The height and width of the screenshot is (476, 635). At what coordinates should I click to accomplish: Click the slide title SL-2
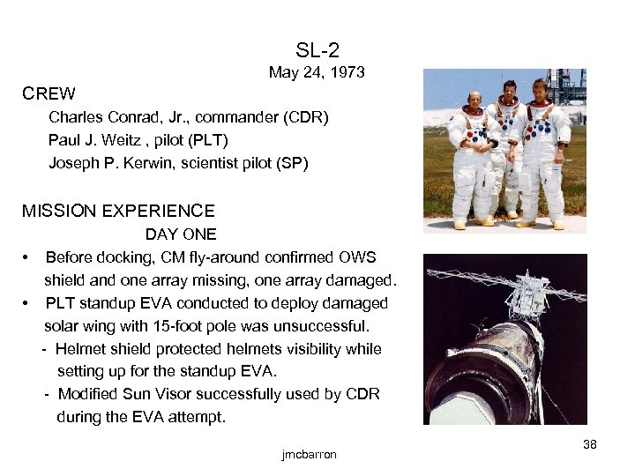tap(317, 50)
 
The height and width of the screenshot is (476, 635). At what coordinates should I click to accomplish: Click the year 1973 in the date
tap(346, 72)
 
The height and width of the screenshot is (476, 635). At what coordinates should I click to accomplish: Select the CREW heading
tap(49, 93)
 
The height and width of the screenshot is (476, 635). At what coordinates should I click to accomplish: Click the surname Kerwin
tap(131, 162)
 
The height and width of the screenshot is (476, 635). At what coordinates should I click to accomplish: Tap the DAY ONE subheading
tap(181, 234)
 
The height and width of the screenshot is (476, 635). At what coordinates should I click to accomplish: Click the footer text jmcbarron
tap(309, 454)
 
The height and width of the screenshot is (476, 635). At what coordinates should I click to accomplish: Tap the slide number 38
tap(590, 444)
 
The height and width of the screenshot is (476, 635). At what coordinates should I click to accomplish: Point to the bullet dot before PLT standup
tap(27, 303)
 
